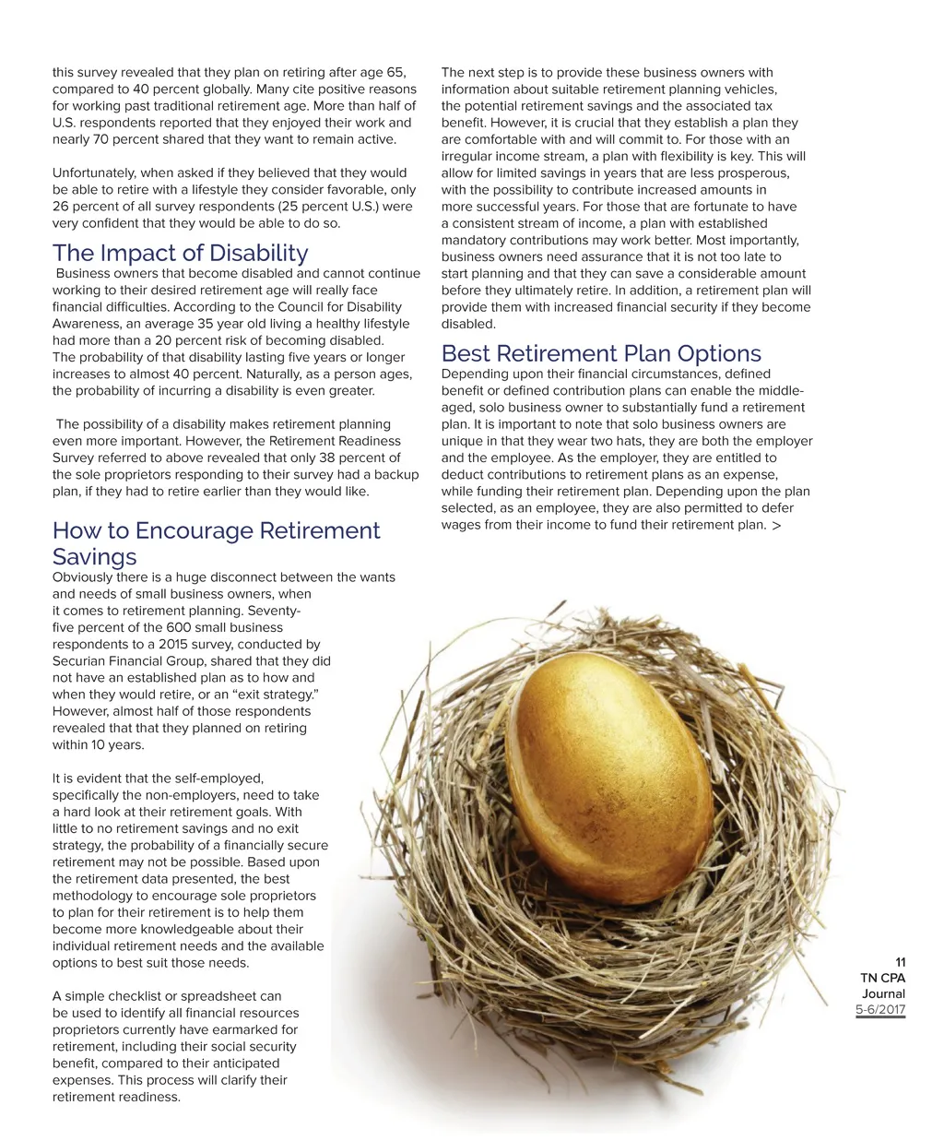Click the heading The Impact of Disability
click(181, 253)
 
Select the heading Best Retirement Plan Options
click(601, 353)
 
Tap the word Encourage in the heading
click(193, 530)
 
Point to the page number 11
click(901, 962)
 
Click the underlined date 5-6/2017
click(880, 1010)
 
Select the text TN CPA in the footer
click(882, 978)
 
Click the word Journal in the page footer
click(883, 994)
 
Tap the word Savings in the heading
click(94, 556)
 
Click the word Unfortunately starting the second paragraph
click(95, 172)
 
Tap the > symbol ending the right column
click(776, 525)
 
